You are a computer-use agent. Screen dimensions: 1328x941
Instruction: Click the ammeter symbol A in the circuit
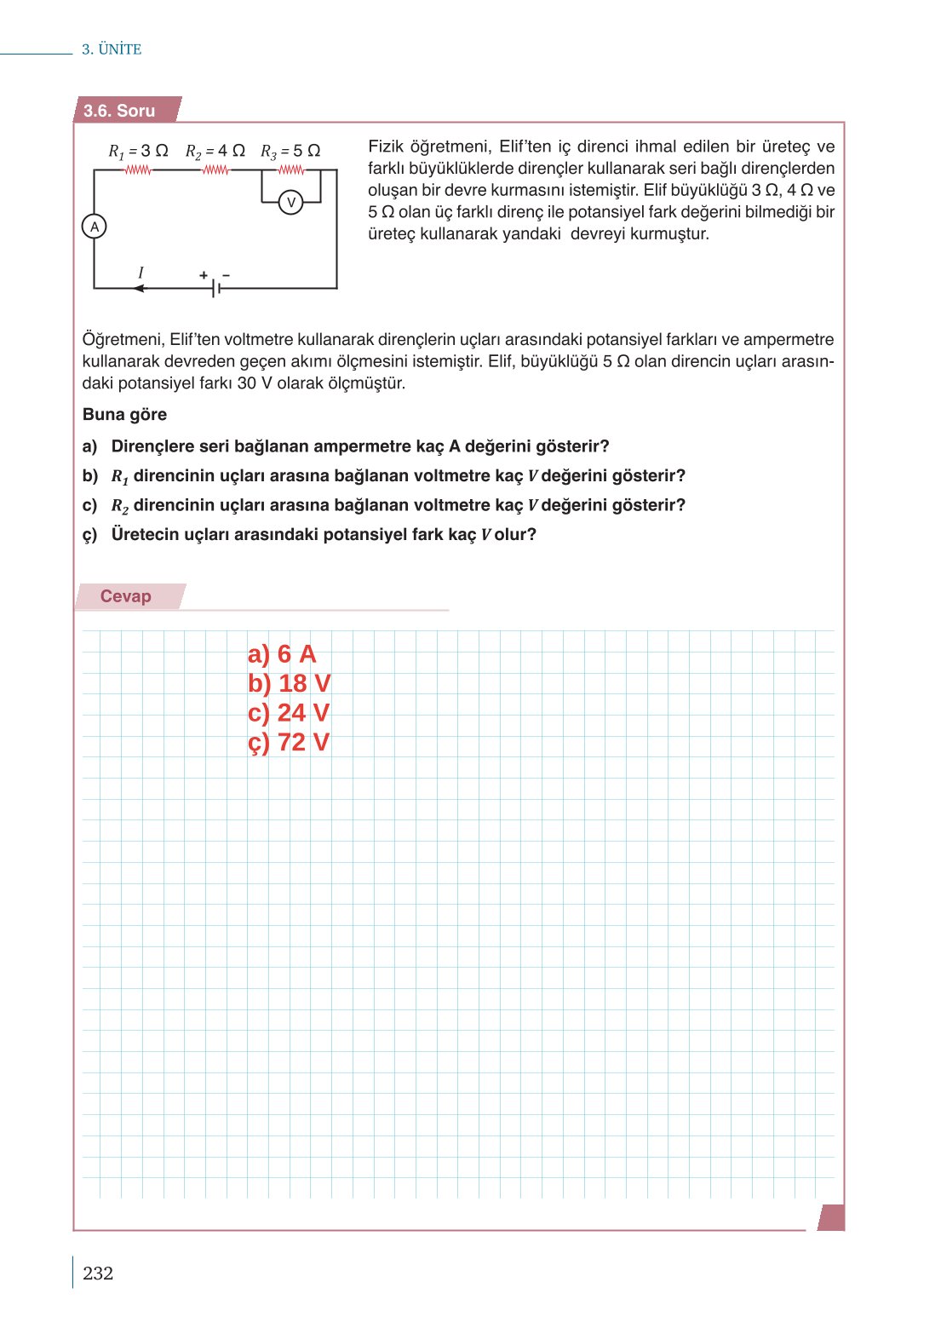click(94, 227)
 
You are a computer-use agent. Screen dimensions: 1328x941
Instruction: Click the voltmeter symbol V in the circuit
click(291, 203)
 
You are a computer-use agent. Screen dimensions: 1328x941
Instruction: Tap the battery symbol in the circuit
click(216, 288)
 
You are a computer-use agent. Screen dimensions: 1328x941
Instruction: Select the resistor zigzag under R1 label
click(138, 170)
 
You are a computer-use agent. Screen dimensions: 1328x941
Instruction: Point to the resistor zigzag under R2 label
click(215, 170)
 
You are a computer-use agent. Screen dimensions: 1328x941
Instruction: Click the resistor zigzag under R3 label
click(291, 170)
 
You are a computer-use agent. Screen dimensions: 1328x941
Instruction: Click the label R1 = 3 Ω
click(138, 151)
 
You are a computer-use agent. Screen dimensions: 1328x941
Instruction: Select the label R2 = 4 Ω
click(215, 151)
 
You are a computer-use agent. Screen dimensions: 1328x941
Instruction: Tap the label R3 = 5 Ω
click(290, 151)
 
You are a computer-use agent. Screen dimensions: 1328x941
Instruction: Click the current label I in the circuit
click(141, 273)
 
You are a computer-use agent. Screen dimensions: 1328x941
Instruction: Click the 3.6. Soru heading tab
click(120, 111)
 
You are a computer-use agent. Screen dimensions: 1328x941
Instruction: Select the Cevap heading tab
click(126, 596)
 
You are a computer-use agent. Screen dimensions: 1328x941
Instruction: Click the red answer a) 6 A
click(282, 654)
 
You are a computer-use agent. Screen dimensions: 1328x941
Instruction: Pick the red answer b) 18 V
click(289, 683)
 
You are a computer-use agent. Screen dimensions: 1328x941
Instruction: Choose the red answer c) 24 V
click(288, 713)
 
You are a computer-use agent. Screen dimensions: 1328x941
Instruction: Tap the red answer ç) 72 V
click(288, 742)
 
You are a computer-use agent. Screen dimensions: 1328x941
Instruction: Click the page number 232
click(98, 1273)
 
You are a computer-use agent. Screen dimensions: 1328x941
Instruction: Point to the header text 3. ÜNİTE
click(112, 49)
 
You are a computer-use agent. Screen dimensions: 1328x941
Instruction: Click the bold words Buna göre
click(124, 415)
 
